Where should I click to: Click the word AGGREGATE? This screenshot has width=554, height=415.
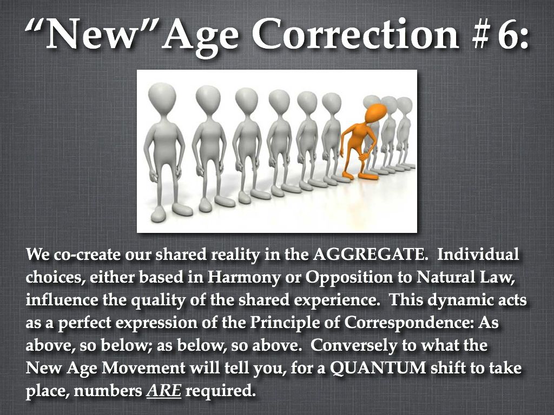[368, 255]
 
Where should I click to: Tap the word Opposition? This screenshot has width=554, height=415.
[349, 278]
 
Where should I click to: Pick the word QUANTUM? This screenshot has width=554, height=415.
[378, 369]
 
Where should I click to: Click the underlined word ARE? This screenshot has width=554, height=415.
[164, 391]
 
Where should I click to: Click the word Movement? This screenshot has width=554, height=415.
[143, 368]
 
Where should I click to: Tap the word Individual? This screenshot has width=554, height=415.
[478, 255]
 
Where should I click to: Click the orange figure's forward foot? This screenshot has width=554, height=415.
[368, 176]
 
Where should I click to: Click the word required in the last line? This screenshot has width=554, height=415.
[220, 391]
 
